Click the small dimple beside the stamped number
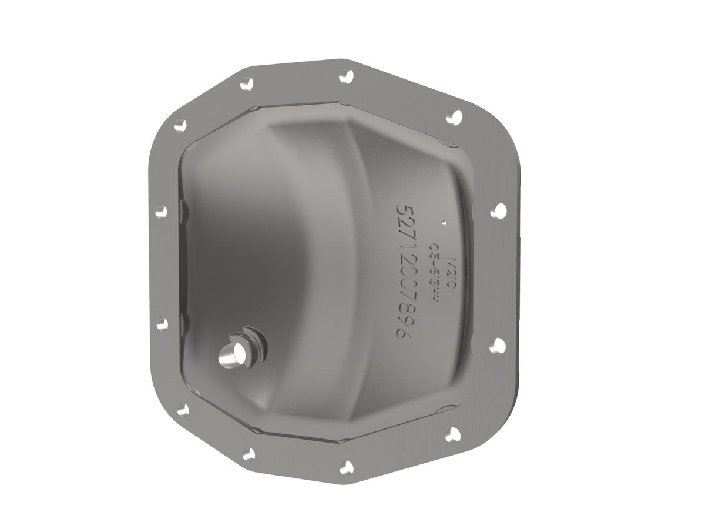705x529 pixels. pyautogui.click(x=445, y=222)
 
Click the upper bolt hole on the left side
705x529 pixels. pyautogui.click(x=161, y=209)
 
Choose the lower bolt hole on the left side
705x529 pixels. pyautogui.click(x=162, y=322)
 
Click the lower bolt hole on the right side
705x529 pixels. pyautogui.click(x=498, y=344)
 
